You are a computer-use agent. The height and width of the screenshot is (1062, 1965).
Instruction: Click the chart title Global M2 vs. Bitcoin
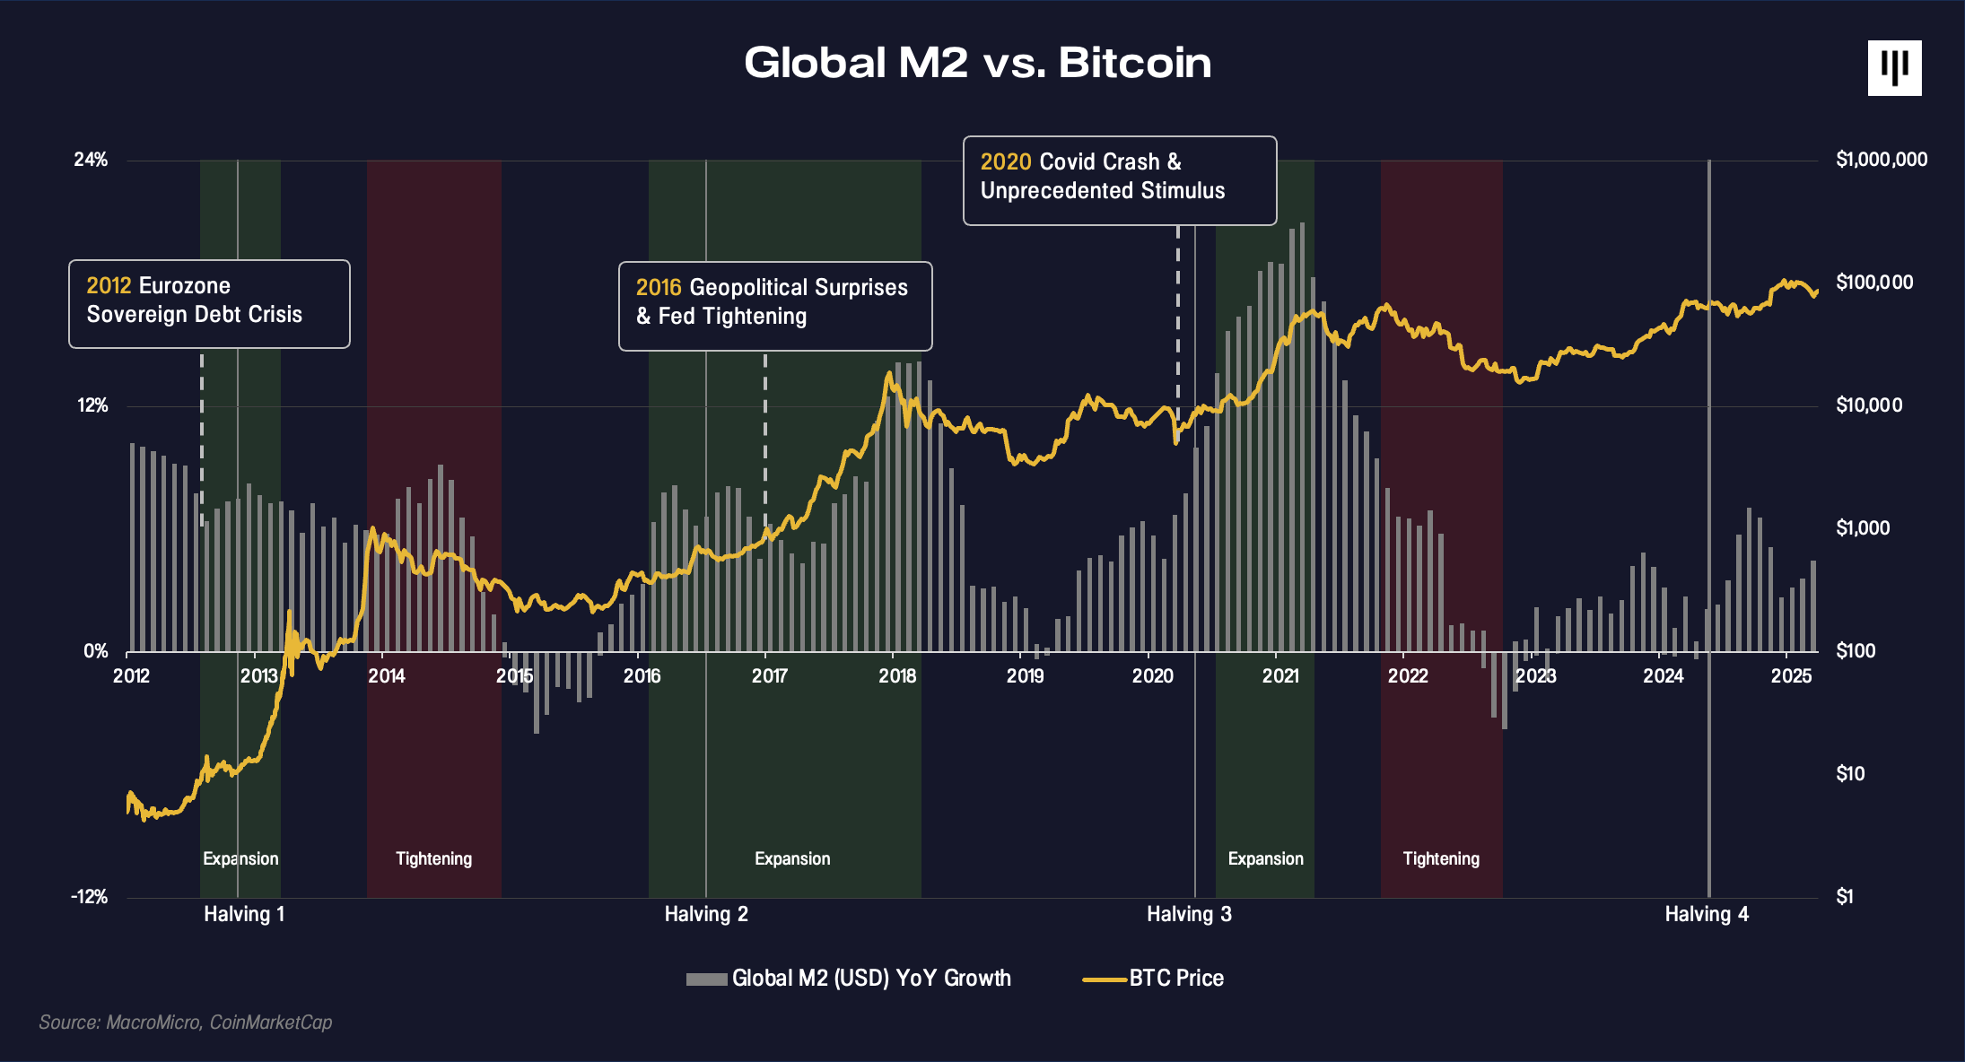[977, 63]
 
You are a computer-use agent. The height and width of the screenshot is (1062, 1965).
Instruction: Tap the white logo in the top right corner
[1894, 68]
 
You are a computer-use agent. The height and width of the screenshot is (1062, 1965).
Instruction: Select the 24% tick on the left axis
[91, 160]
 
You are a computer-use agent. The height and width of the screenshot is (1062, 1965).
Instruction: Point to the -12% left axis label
[89, 896]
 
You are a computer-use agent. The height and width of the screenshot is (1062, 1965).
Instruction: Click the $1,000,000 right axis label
[1882, 160]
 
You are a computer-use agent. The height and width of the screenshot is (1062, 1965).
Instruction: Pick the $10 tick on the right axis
[1850, 773]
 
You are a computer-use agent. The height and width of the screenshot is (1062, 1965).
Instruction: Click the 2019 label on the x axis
[1025, 676]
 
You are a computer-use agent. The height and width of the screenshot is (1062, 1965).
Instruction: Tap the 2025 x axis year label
[1791, 676]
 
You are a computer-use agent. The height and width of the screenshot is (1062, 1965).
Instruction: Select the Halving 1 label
[244, 914]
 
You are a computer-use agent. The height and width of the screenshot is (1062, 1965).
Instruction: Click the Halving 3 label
[1189, 914]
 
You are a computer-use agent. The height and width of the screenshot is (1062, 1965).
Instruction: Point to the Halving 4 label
[1707, 914]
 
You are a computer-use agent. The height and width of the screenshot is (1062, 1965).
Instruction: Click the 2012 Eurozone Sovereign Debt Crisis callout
[209, 303]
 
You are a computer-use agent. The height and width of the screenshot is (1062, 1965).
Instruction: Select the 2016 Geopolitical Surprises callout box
[775, 305]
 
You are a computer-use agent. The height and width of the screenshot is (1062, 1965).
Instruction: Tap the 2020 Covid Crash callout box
[1119, 179]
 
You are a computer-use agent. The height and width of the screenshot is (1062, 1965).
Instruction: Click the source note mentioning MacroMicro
[186, 1023]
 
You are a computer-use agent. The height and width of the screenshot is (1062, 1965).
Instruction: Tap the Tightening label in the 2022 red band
[1441, 858]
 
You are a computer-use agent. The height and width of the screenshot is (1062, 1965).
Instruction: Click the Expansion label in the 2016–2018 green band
[792, 858]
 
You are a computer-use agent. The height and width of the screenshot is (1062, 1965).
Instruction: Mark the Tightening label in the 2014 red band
[433, 858]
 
